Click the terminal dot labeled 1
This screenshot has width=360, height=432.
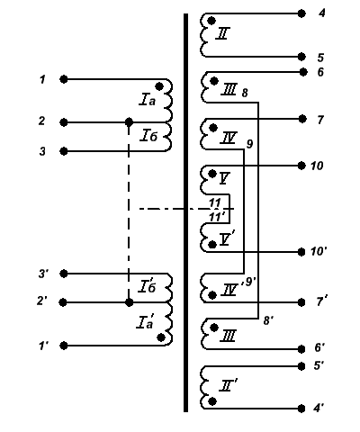point(64,79)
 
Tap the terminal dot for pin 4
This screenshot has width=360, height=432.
point(301,13)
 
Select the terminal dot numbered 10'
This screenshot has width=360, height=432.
point(301,252)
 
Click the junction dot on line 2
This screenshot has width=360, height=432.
point(129,122)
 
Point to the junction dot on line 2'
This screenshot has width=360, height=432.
point(129,302)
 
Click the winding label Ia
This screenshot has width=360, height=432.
point(148,100)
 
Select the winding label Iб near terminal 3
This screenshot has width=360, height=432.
point(148,136)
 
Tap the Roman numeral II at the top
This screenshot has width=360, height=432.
point(223,33)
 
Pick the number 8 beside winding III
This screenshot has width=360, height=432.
point(245,93)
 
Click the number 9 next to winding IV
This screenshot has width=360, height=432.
point(249,144)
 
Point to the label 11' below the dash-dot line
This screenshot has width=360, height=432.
point(217,217)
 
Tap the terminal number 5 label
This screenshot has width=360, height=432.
point(320,58)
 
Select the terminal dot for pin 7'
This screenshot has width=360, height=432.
point(301,302)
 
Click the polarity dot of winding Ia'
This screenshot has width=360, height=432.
point(161,337)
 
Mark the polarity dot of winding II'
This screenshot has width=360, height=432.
point(212,401)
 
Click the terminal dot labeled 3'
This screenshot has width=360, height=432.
point(64,274)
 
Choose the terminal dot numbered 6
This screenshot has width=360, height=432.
point(303,72)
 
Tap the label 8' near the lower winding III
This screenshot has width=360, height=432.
point(268,320)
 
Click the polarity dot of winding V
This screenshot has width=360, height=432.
point(212,174)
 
